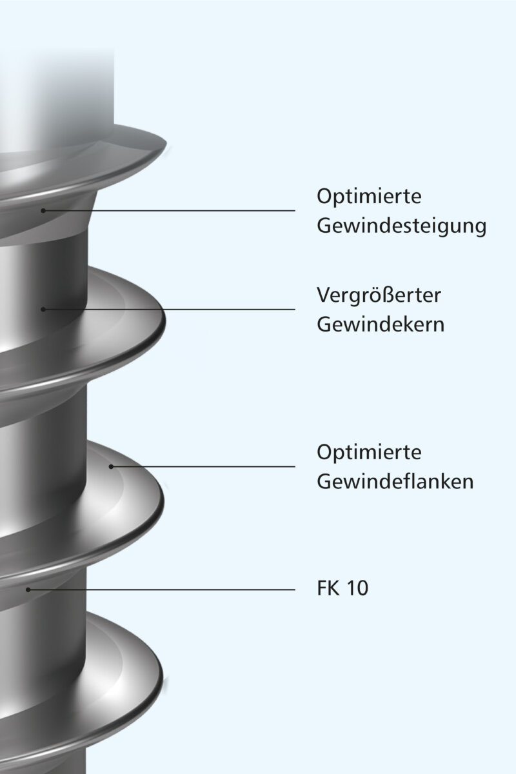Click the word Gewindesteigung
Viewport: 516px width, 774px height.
(401, 227)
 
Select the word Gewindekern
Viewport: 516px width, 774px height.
(381, 324)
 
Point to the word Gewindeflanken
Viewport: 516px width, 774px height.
(395, 482)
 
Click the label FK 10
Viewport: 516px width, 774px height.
(342, 589)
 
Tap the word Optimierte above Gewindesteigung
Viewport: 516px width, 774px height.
(369, 196)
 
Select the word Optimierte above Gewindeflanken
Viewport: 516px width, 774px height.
(369, 452)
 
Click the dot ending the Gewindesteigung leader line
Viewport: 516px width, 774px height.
(43, 210)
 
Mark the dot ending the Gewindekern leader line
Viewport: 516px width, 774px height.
(43, 310)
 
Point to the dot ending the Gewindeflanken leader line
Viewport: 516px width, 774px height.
(111, 466)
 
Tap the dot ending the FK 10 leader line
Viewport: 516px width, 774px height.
(28, 589)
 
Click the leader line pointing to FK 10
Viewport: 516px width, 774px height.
(161, 589)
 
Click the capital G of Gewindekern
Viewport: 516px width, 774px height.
(324, 324)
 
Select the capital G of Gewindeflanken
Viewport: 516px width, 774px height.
(324, 482)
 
